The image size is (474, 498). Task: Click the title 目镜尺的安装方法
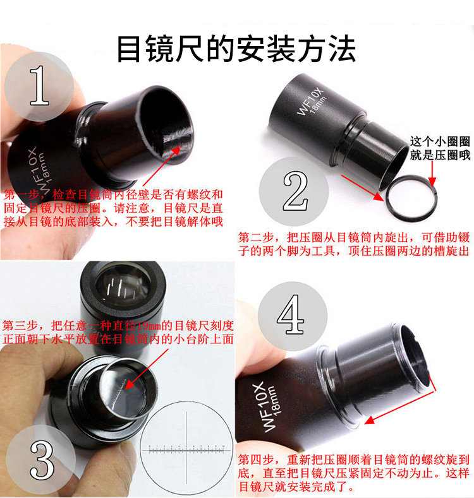tap(236, 49)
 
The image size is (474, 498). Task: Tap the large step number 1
tap(39, 85)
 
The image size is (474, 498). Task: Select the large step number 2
tap(296, 191)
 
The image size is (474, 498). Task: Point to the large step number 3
tap(42, 461)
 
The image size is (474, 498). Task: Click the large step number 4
tap(290, 314)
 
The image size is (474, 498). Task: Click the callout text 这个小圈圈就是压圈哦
tap(440, 148)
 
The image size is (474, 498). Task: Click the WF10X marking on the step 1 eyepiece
tap(36, 169)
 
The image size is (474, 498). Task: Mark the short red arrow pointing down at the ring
tap(432, 173)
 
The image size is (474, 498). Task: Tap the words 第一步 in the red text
tap(21, 194)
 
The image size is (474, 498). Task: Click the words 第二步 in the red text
tap(256, 237)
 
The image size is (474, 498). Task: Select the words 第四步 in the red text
tap(256, 459)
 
